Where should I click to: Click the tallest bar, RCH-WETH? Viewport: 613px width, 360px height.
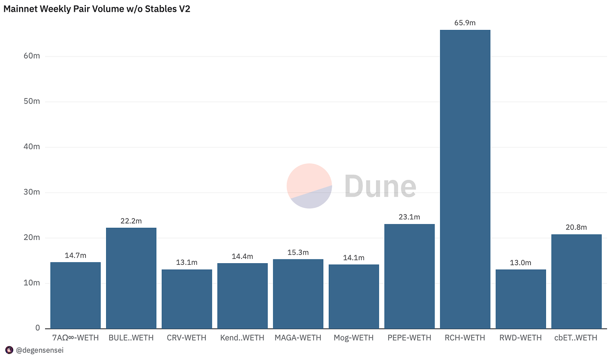pos(465,179)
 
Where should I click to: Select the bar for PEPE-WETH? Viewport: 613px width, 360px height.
pos(409,276)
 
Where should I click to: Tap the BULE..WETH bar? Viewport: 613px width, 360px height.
pos(131,278)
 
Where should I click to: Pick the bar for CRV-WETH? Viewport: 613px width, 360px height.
pos(187,299)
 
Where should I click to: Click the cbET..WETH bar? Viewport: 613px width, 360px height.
pos(576,281)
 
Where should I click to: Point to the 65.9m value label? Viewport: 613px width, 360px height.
pos(465,23)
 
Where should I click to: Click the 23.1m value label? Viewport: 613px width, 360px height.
pos(409,217)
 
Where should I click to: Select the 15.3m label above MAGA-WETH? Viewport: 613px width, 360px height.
pos(298,253)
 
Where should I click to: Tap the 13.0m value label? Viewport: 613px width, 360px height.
pos(520,263)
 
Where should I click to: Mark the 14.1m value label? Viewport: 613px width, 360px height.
pos(354,258)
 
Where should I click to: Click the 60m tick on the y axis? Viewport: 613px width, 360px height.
pos(32,56)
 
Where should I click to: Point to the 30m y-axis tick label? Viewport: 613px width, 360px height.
pos(32,192)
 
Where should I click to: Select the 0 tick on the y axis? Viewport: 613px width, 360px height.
pos(37,328)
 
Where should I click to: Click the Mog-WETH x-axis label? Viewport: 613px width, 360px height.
pos(354,338)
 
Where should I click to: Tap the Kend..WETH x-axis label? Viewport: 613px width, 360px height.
pos(242,338)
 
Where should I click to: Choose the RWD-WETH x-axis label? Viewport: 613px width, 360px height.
pos(520,338)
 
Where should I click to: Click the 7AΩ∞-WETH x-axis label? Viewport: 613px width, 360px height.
pos(75,338)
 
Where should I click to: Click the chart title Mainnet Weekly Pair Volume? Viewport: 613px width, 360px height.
pos(97,9)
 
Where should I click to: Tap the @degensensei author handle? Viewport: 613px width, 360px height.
pos(40,350)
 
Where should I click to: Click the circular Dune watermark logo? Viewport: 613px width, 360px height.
pos(309,186)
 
